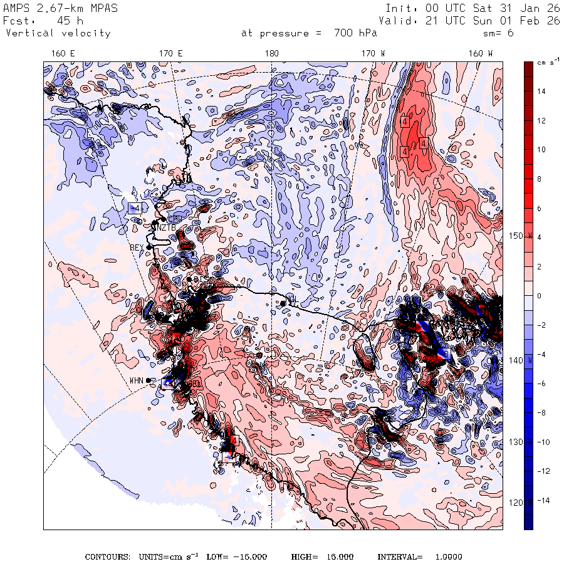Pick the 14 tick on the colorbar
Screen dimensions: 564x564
click(541, 91)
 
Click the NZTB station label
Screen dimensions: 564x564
click(165, 227)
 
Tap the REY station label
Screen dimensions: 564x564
click(137, 248)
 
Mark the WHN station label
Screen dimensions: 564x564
click(137, 380)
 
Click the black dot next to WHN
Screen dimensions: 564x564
click(149, 380)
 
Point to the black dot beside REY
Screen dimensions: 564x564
click(149, 247)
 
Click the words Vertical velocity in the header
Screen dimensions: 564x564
click(58, 33)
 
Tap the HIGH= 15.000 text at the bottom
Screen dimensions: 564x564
click(322, 556)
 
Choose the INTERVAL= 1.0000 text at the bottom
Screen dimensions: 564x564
click(419, 556)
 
